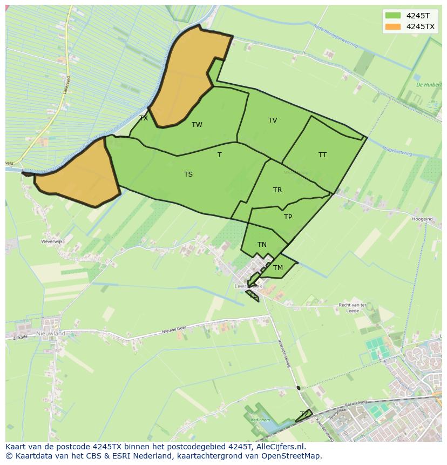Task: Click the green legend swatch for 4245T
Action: coord(392,16)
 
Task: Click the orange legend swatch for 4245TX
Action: coord(392,26)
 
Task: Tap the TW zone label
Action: coord(197,125)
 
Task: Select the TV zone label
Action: coord(273,120)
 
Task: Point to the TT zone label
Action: coord(322,155)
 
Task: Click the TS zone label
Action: coord(188,174)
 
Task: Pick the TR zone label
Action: coord(277,190)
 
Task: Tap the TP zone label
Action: coord(288,217)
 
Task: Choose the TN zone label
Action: coord(262,245)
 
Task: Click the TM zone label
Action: coord(278,268)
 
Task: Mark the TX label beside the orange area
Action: coord(144,118)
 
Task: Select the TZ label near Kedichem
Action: coord(305,414)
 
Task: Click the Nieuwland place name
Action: coord(51,334)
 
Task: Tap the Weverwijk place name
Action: coord(52,242)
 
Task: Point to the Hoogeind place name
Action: coord(422,219)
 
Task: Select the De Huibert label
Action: coord(429,85)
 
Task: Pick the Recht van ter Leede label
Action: coord(353,308)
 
